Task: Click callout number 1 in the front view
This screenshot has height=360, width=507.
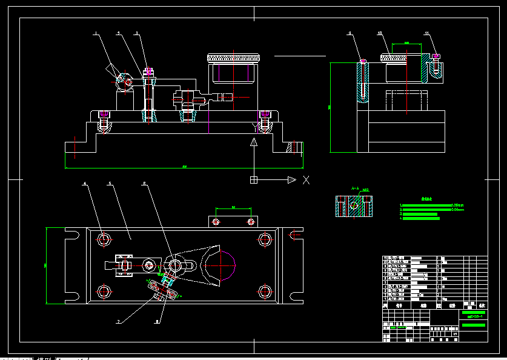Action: tap(95, 35)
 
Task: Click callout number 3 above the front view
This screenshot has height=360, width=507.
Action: tap(137, 33)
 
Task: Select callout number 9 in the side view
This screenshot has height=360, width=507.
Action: tap(350, 34)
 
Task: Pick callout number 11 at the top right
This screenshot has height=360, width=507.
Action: tap(426, 33)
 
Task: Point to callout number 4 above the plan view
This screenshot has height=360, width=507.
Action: tap(85, 184)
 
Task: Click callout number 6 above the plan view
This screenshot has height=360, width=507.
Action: tap(144, 183)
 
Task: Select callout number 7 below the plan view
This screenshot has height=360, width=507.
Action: tap(119, 321)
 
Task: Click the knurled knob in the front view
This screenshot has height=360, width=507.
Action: tap(234, 58)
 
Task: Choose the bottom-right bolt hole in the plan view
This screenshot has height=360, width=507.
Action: tap(264, 292)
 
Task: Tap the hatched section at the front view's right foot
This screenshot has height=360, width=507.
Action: tap(295, 147)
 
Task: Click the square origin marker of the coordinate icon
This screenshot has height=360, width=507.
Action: tap(254, 179)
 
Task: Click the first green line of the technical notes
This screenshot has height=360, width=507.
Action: tap(426, 205)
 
